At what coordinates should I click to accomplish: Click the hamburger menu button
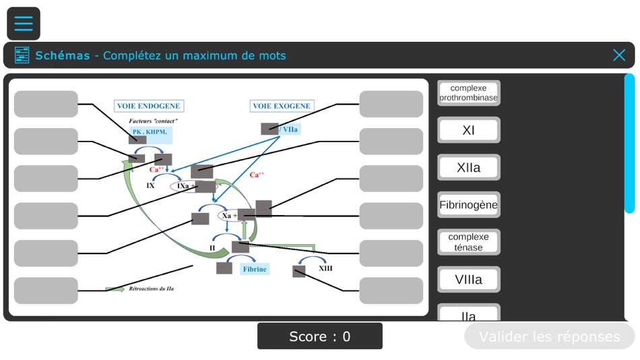pos(24,24)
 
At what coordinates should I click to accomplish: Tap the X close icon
pos(619,55)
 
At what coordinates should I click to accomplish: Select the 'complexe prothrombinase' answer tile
pos(468,93)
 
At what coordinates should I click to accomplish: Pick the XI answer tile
pos(468,130)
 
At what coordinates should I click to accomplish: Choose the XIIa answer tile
pos(468,168)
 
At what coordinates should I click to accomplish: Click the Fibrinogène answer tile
pos(468,205)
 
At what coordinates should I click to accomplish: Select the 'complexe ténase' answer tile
pos(468,242)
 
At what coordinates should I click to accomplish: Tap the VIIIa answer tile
pos(468,279)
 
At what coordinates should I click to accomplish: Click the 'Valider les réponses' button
pos(549,336)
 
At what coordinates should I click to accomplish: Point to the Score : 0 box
pos(319,336)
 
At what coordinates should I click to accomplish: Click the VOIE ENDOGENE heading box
pos(148,106)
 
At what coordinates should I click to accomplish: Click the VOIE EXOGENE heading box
pos(281,106)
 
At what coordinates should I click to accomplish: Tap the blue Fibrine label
pos(255,269)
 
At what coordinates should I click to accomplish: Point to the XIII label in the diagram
pos(325,268)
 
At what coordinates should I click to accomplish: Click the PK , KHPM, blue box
pos(150,131)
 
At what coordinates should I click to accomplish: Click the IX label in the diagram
pos(151,185)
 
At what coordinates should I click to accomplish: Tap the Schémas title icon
pos(22,55)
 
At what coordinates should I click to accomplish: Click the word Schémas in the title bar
pos(63,55)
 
